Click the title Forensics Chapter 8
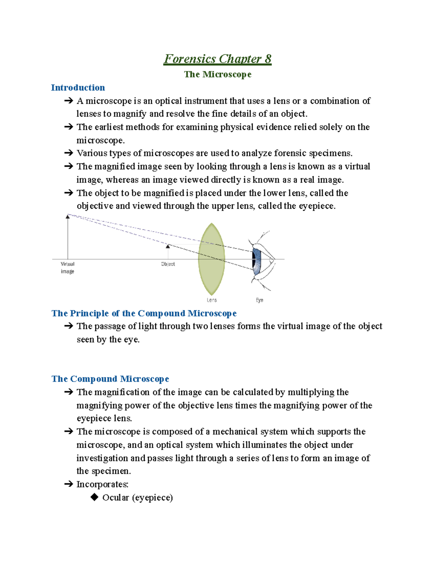[x=217, y=59]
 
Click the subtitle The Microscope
[x=217, y=74]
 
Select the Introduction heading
[x=78, y=88]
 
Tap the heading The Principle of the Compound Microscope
[x=144, y=313]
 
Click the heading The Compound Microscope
[x=110, y=379]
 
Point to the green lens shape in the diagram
[x=211, y=259]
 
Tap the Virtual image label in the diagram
[x=67, y=268]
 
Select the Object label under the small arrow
[x=168, y=264]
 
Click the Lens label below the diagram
[x=212, y=300]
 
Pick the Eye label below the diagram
[x=260, y=300]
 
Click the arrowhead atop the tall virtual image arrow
[x=67, y=216]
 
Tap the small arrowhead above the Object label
[x=167, y=247]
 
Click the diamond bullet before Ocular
[x=95, y=497]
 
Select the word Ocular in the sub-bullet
[x=116, y=497]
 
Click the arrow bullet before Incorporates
[x=69, y=484]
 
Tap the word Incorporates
[x=102, y=484]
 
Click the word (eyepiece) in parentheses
[x=152, y=498]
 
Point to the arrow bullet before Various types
[x=69, y=153]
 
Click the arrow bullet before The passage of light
[x=69, y=326]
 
